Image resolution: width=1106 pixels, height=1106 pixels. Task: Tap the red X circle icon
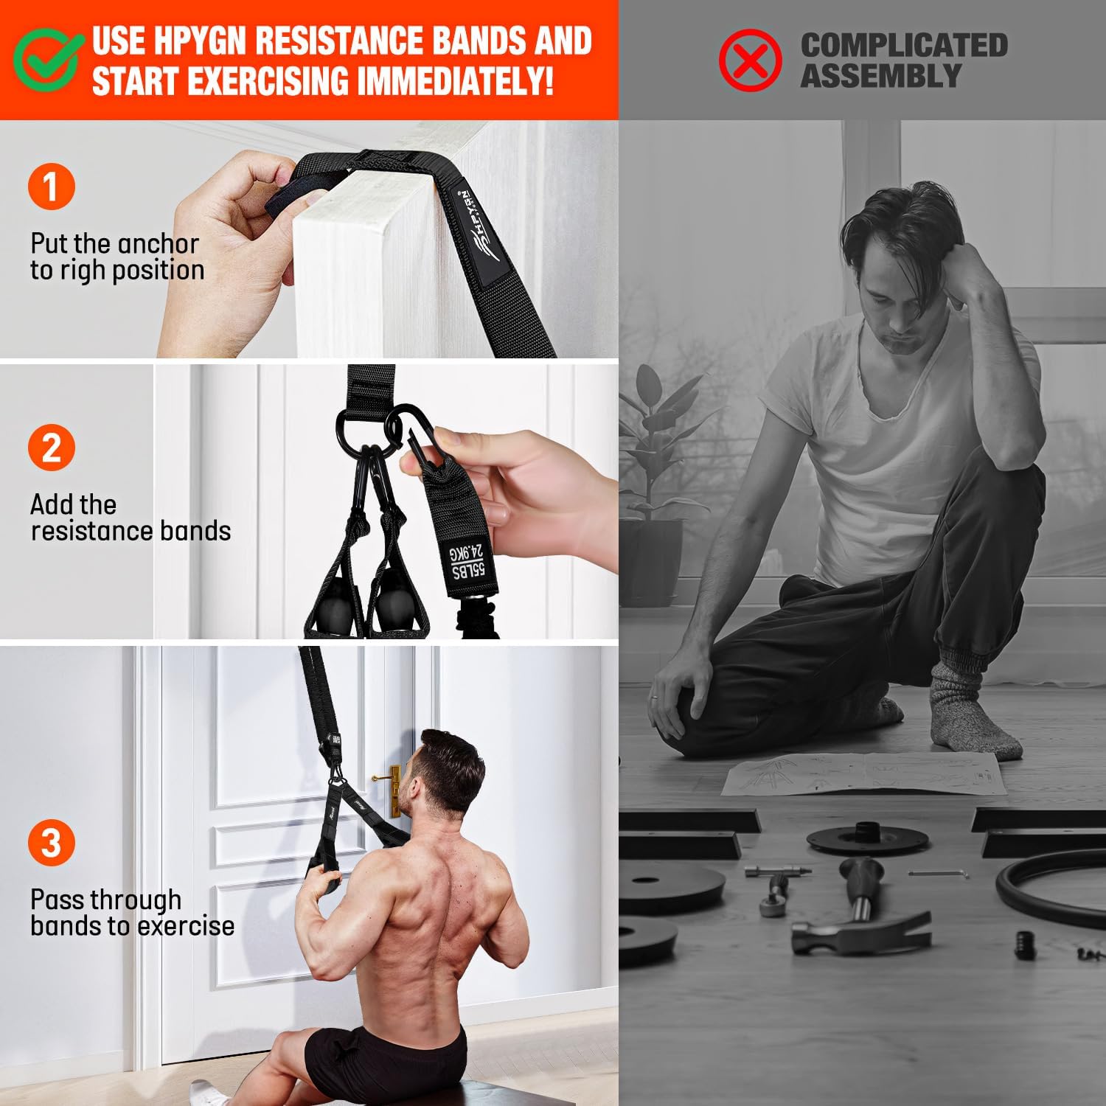click(x=750, y=60)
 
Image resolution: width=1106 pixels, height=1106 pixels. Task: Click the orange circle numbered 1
click(x=51, y=187)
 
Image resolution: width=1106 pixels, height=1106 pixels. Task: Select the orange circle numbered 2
click(x=51, y=448)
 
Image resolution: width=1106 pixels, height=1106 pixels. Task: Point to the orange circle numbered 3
click(x=51, y=842)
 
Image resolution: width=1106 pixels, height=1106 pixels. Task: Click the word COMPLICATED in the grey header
click(x=904, y=45)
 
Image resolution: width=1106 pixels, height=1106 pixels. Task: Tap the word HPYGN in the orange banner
click(x=198, y=41)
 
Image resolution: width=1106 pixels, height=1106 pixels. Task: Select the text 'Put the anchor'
click(x=114, y=243)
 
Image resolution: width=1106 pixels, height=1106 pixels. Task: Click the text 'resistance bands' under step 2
click(x=131, y=531)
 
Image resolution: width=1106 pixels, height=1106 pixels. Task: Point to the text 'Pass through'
click(x=105, y=900)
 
